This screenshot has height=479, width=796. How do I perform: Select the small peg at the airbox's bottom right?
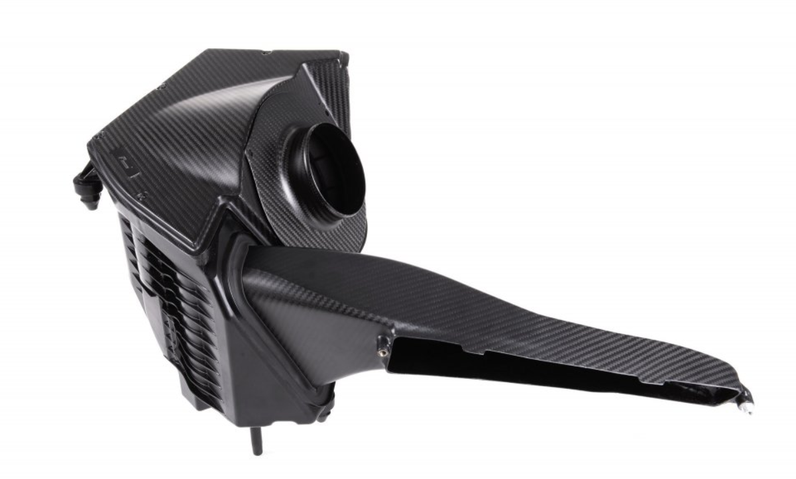(x=324, y=413)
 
